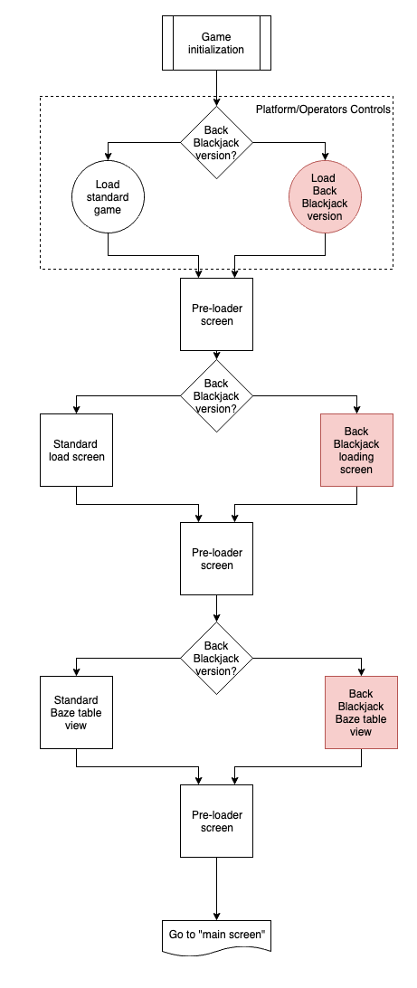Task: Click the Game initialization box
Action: (x=217, y=43)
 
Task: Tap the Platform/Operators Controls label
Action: (x=323, y=109)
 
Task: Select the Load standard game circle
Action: (x=108, y=196)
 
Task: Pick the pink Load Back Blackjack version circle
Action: (x=325, y=196)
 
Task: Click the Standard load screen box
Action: (x=76, y=450)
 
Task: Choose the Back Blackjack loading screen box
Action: (x=356, y=450)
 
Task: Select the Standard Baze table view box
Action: (x=76, y=713)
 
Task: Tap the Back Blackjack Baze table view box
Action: (x=361, y=713)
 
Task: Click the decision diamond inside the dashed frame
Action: (x=217, y=142)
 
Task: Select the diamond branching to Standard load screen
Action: (x=217, y=395)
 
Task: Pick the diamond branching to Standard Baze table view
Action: (x=217, y=659)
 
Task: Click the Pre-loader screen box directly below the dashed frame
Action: (x=217, y=315)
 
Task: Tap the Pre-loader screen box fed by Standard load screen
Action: (x=217, y=558)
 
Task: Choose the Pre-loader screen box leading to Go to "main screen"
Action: (x=217, y=821)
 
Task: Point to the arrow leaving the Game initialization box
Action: (x=217, y=88)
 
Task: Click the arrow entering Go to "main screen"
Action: (x=217, y=889)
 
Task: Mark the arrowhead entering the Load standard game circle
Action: (x=108, y=157)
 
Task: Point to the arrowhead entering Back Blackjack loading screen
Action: (x=356, y=410)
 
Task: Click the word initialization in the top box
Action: (x=216, y=49)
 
